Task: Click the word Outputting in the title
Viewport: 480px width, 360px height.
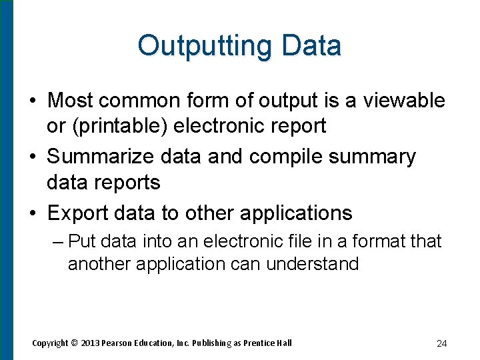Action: click(205, 46)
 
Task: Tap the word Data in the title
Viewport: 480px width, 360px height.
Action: click(311, 46)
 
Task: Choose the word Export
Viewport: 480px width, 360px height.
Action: click(77, 213)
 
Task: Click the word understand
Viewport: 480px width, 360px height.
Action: click(313, 264)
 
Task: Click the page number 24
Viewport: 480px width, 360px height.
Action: click(441, 343)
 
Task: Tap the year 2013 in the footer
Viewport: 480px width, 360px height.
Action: click(93, 343)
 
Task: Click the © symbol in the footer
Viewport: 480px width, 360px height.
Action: click(75, 343)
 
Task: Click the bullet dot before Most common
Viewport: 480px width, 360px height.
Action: click(33, 101)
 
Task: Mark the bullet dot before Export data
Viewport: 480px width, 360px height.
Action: click(33, 213)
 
